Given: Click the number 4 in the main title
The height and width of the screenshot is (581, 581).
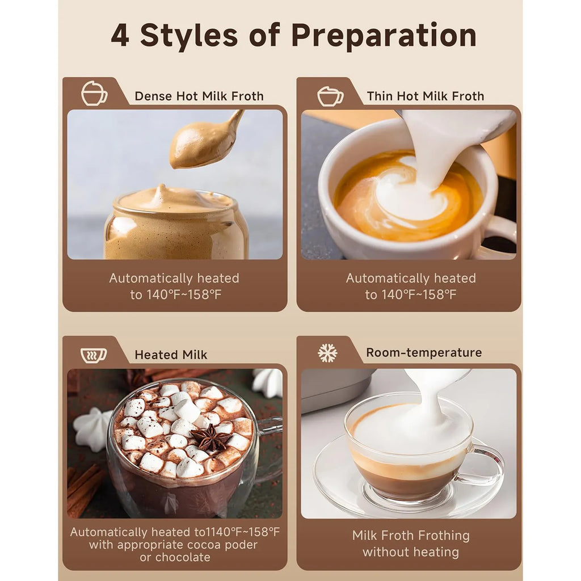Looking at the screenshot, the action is [x=120, y=36].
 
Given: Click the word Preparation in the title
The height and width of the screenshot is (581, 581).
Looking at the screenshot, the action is [x=384, y=36].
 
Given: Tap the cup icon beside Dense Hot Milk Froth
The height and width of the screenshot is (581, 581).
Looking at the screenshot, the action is [x=94, y=94].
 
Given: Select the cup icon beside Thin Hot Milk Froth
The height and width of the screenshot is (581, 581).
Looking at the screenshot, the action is [x=330, y=96].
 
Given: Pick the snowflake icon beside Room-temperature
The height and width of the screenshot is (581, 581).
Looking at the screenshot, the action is [x=327, y=353].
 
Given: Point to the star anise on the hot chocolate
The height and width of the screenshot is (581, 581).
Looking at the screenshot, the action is [x=211, y=437].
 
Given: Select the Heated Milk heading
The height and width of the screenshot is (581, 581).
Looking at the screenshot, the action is [x=171, y=355].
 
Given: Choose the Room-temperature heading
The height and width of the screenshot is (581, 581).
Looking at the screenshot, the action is [x=424, y=352].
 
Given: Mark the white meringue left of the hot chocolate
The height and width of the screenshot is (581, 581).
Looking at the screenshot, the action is [x=91, y=429].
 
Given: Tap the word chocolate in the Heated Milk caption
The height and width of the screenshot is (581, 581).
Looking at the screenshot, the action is [x=183, y=557].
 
